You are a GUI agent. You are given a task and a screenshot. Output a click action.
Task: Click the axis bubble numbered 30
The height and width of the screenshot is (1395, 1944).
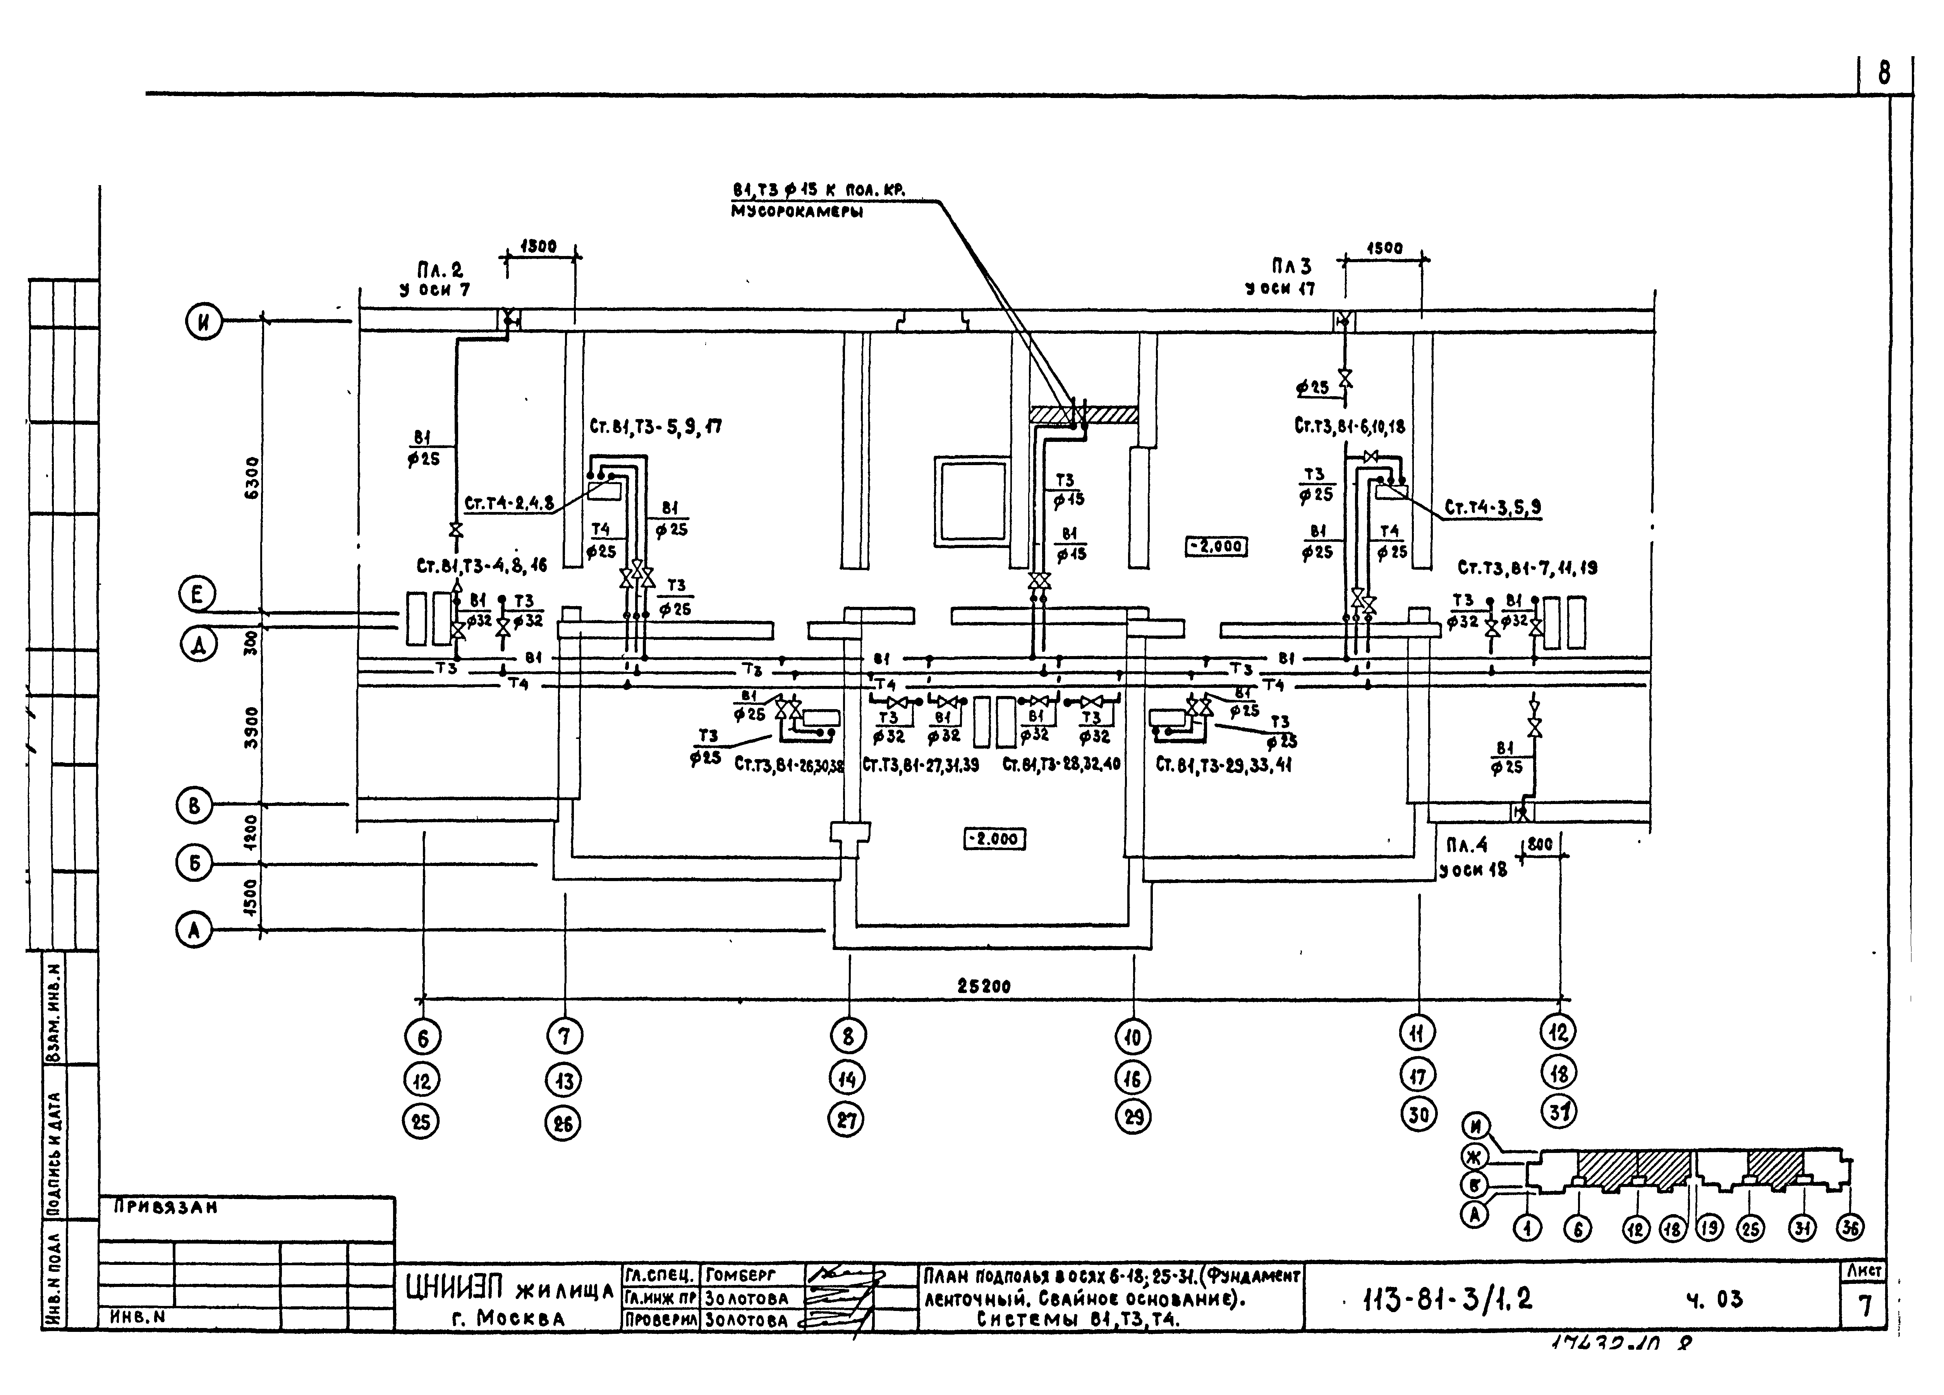[1419, 1115]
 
